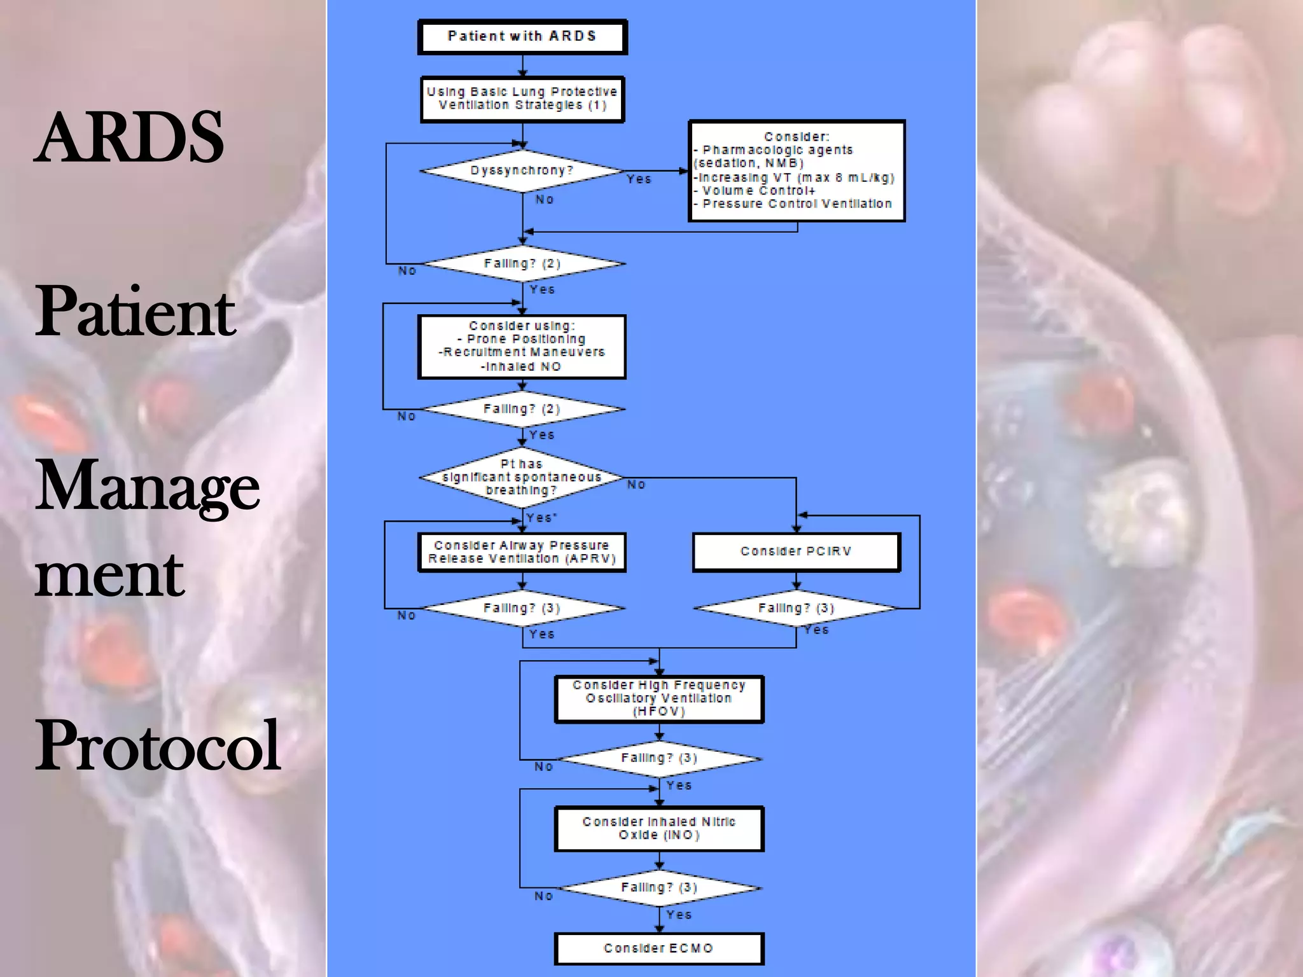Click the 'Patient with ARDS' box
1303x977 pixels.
point(522,36)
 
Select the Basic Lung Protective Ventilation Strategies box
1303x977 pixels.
point(522,99)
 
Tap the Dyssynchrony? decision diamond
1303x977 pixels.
point(522,170)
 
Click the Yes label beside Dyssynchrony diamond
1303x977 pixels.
point(638,179)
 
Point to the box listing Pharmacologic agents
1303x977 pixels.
point(797,170)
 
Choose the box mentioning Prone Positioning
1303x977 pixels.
point(522,347)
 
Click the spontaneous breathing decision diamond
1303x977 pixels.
point(522,477)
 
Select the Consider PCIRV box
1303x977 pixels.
point(796,551)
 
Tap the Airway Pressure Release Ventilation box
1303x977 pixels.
point(522,552)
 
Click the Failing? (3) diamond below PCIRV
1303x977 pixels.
point(796,608)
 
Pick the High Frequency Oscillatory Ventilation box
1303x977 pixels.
point(659,698)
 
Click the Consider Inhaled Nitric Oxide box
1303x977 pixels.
point(659,828)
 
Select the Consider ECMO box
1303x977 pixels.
point(659,948)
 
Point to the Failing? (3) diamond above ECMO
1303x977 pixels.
point(659,887)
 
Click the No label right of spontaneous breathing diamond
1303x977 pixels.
point(636,485)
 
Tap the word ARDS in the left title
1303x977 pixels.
point(129,137)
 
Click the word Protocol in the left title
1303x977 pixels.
point(157,745)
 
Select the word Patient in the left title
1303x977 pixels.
point(135,312)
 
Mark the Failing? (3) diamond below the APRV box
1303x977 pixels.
point(522,608)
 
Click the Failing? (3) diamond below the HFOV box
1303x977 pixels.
point(659,758)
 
